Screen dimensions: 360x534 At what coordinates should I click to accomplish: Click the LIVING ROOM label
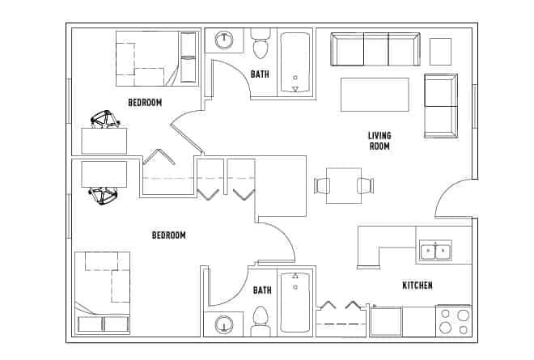point(379,141)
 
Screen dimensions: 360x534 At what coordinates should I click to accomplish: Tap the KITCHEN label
point(417,286)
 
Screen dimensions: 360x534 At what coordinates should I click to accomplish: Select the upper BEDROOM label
point(145,102)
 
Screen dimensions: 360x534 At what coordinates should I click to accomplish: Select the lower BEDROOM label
point(169,235)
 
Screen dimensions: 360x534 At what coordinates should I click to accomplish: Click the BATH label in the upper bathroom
point(260,74)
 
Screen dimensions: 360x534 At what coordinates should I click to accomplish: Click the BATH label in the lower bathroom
point(262,290)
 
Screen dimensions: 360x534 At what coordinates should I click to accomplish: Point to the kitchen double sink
point(435,252)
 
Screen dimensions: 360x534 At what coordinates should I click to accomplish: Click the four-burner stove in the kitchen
point(453,320)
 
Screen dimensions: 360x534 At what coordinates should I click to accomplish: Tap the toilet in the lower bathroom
point(261,318)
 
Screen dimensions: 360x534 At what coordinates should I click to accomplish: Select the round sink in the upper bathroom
point(223,40)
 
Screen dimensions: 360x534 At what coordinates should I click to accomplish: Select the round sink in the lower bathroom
point(223,324)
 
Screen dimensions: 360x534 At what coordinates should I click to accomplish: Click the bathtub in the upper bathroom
point(295,63)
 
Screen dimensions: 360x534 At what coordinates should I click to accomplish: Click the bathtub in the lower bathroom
point(295,302)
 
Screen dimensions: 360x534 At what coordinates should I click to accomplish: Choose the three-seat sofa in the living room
point(375,49)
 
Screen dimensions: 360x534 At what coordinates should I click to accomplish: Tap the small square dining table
point(344,185)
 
